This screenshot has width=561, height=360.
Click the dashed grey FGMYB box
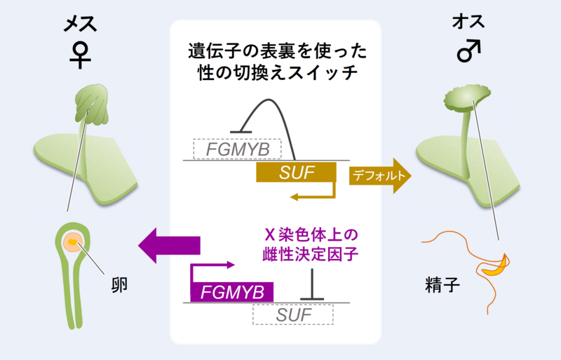(x=237, y=149)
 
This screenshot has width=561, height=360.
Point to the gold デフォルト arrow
(x=379, y=177)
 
